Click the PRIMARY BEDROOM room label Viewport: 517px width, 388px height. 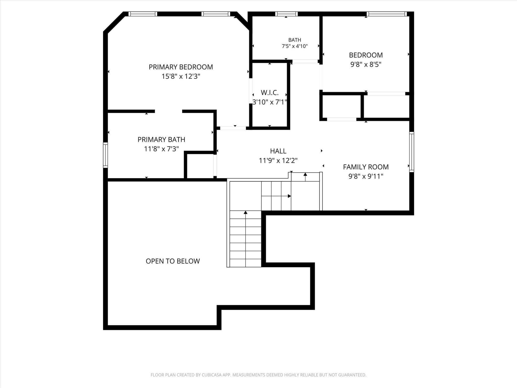pyautogui.click(x=181, y=67)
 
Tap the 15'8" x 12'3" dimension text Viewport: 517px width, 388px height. pyautogui.click(x=181, y=76)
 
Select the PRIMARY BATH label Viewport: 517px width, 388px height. pyautogui.click(x=161, y=139)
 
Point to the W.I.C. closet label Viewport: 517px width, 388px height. pyautogui.click(x=270, y=93)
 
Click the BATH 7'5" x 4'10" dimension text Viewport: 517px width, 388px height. pyautogui.click(x=295, y=46)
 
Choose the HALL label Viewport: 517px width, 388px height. pyautogui.click(x=278, y=151)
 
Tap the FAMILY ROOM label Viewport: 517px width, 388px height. pyautogui.click(x=366, y=167)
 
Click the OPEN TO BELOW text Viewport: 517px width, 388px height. pyautogui.click(x=173, y=261)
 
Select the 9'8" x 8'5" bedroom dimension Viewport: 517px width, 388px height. pyautogui.click(x=366, y=64)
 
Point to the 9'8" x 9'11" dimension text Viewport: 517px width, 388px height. pyautogui.click(x=366, y=176)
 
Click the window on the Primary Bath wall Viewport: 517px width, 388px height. pyautogui.click(x=106, y=155)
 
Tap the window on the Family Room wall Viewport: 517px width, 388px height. pyautogui.click(x=411, y=152)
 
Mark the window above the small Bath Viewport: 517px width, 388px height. pyautogui.click(x=286, y=14)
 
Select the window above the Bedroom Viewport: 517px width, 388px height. pyautogui.click(x=387, y=14)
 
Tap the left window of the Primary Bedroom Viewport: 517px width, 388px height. pyautogui.click(x=143, y=14)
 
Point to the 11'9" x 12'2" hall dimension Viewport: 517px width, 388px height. pyautogui.click(x=278, y=160)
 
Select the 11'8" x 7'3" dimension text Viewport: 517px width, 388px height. pyautogui.click(x=161, y=149)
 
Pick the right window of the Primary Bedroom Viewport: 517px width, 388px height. pyautogui.click(x=216, y=14)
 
